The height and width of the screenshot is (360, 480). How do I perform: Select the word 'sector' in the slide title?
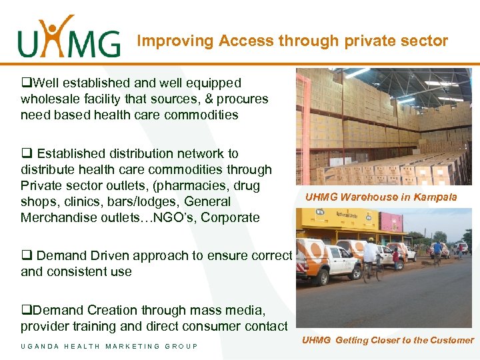coord(425,41)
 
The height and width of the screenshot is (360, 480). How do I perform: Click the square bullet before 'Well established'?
coord(25,83)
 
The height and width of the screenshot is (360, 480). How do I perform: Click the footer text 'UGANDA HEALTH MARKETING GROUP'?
coord(109,346)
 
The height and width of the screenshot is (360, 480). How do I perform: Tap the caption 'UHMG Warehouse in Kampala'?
coord(381,197)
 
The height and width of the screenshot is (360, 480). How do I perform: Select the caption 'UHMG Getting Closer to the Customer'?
coord(387,340)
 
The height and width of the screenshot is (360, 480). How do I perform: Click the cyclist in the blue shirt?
coord(437,252)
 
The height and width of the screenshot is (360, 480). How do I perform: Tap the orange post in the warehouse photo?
coord(303,127)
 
